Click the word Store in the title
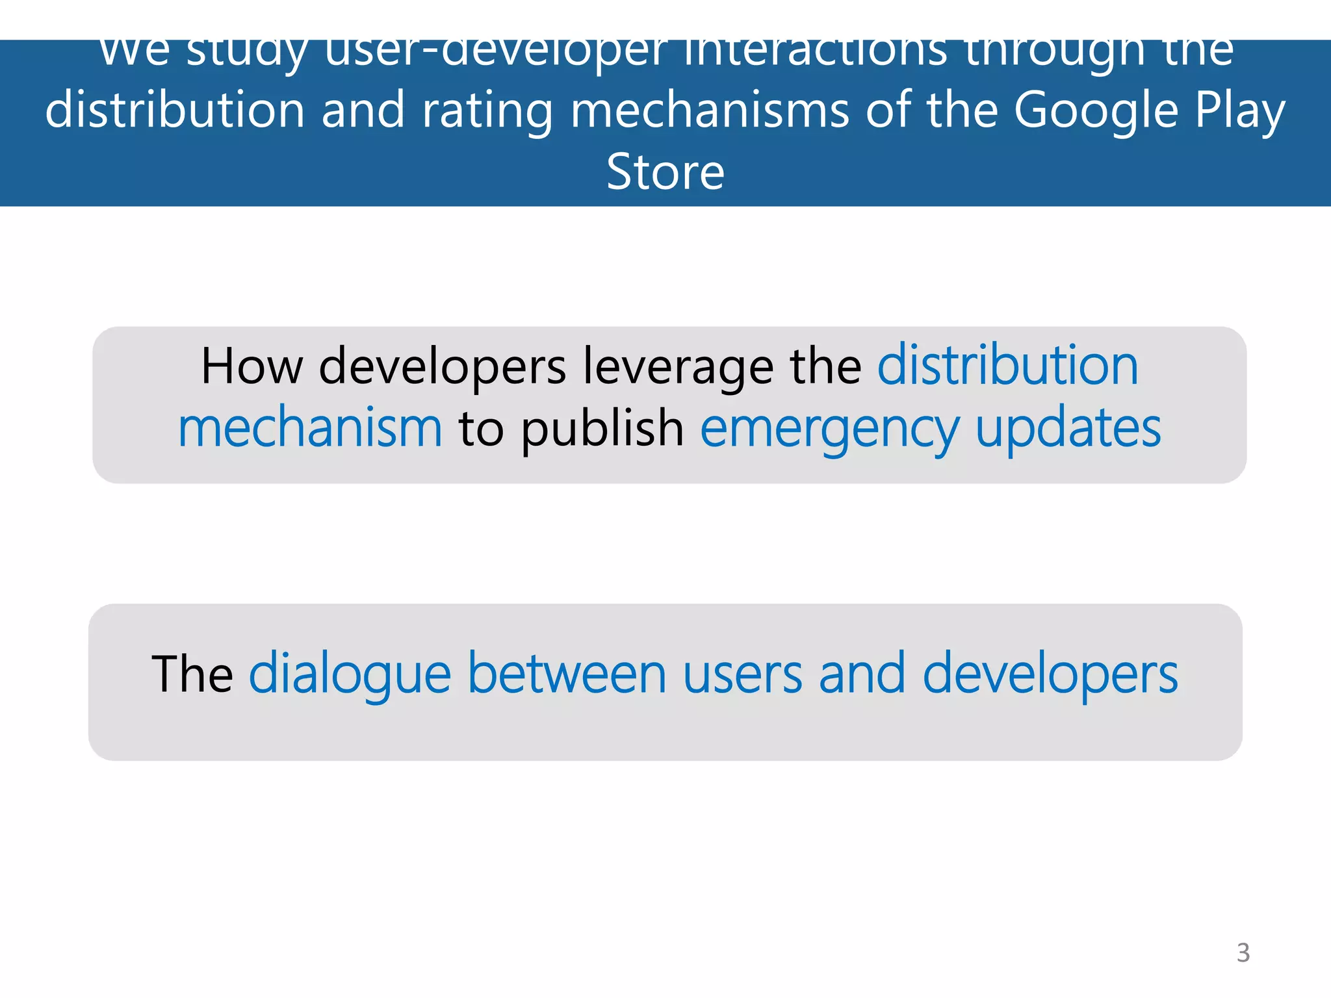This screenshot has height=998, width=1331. tap(665, 172)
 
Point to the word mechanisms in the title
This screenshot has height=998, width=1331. tap(710, 110)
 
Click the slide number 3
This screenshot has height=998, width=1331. tap(1243, 953)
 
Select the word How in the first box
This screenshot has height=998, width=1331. tap(252, 366)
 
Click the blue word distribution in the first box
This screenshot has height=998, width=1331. tap(1007, 366)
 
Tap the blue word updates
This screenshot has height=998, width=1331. tap(1068, 430)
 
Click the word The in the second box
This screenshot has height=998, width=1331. tap(192, 674)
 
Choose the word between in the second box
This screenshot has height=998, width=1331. tap(567, 674)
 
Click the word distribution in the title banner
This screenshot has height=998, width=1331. tap(175, 110)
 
